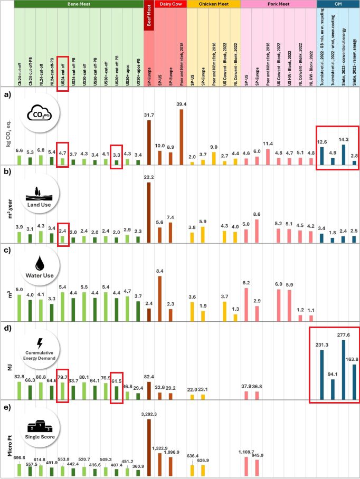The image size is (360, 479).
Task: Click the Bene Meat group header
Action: click(x=79, y=4)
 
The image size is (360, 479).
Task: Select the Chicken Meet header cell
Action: click(x=213, y=4)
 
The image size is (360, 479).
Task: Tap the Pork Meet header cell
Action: click(x=278, y=4)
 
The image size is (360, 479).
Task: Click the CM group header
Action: click(x=338, y=4)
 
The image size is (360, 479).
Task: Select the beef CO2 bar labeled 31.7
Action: click(x=149, y=142)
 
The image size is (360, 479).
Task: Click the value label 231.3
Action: click(x=321, y=344)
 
